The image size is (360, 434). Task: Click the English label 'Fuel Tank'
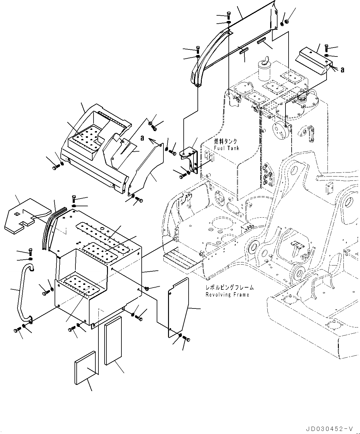(227, 148)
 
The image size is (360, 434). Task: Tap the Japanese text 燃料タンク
(226, 141)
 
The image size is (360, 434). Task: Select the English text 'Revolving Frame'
(227, 295)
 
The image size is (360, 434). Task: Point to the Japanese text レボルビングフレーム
(230, 288)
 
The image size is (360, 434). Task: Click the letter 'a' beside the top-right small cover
(343, 70)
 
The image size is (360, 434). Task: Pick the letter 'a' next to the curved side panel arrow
(142, 138)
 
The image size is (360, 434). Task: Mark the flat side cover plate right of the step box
(178, 307)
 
